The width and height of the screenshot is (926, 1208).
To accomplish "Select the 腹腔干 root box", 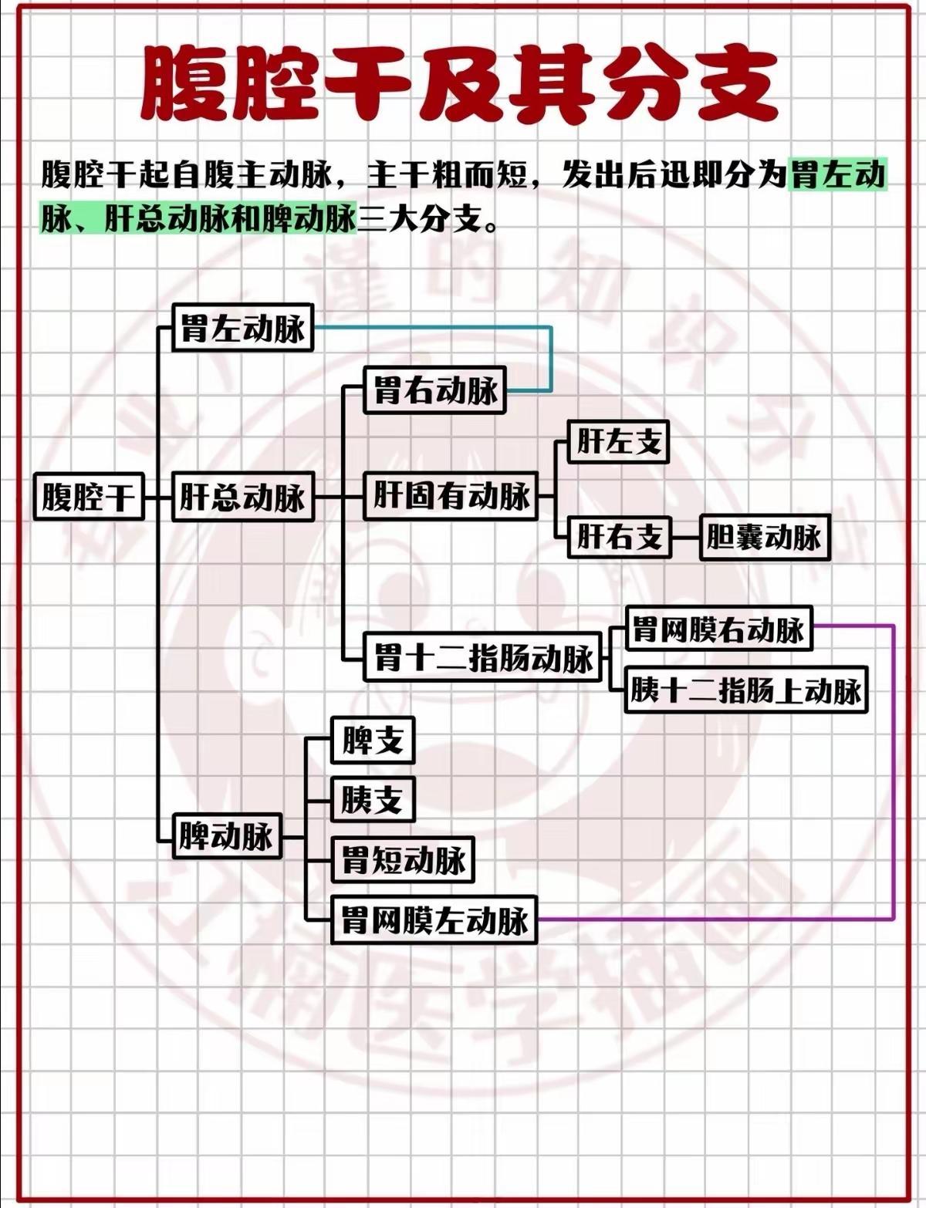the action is (89, 496).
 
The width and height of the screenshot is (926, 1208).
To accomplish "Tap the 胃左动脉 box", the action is (242, 328).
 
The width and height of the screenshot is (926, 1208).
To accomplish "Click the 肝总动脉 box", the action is (242, 497).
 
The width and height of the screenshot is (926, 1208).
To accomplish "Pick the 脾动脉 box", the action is (226, 835).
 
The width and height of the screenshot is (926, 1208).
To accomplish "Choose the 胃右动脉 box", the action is (435, 390).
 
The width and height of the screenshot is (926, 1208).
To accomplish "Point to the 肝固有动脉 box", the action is (451, 495).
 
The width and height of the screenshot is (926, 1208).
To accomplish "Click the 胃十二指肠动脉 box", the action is (482, 658).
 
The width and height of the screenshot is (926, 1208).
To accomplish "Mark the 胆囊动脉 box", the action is (764, 536).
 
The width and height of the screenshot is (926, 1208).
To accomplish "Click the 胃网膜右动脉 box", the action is (718, 629).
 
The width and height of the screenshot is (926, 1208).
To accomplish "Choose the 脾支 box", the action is (373, 741).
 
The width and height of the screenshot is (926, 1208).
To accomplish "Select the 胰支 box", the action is (373, 799).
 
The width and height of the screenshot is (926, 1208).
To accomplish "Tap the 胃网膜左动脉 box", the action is (434, 919).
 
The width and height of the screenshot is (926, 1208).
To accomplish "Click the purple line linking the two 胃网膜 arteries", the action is (893, 771).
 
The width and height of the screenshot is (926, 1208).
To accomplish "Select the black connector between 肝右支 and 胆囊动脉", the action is (684, 536).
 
